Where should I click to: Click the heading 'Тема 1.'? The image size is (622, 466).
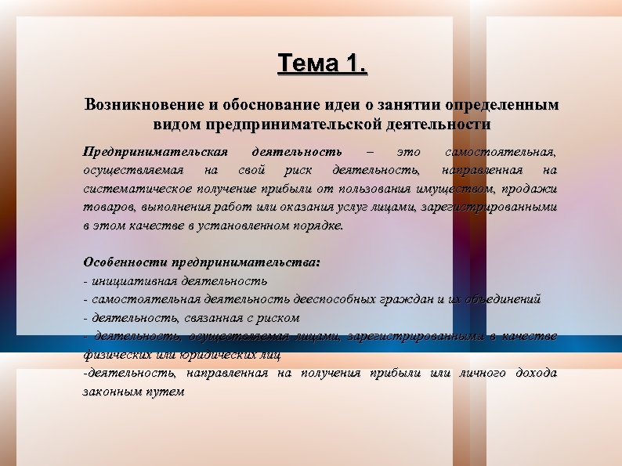tap(322, 63)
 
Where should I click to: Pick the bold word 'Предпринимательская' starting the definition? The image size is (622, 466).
tap(155, 150)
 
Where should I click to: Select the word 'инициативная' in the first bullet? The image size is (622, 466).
tap(134, 280)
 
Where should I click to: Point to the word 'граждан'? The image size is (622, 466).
tap(403, 299)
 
